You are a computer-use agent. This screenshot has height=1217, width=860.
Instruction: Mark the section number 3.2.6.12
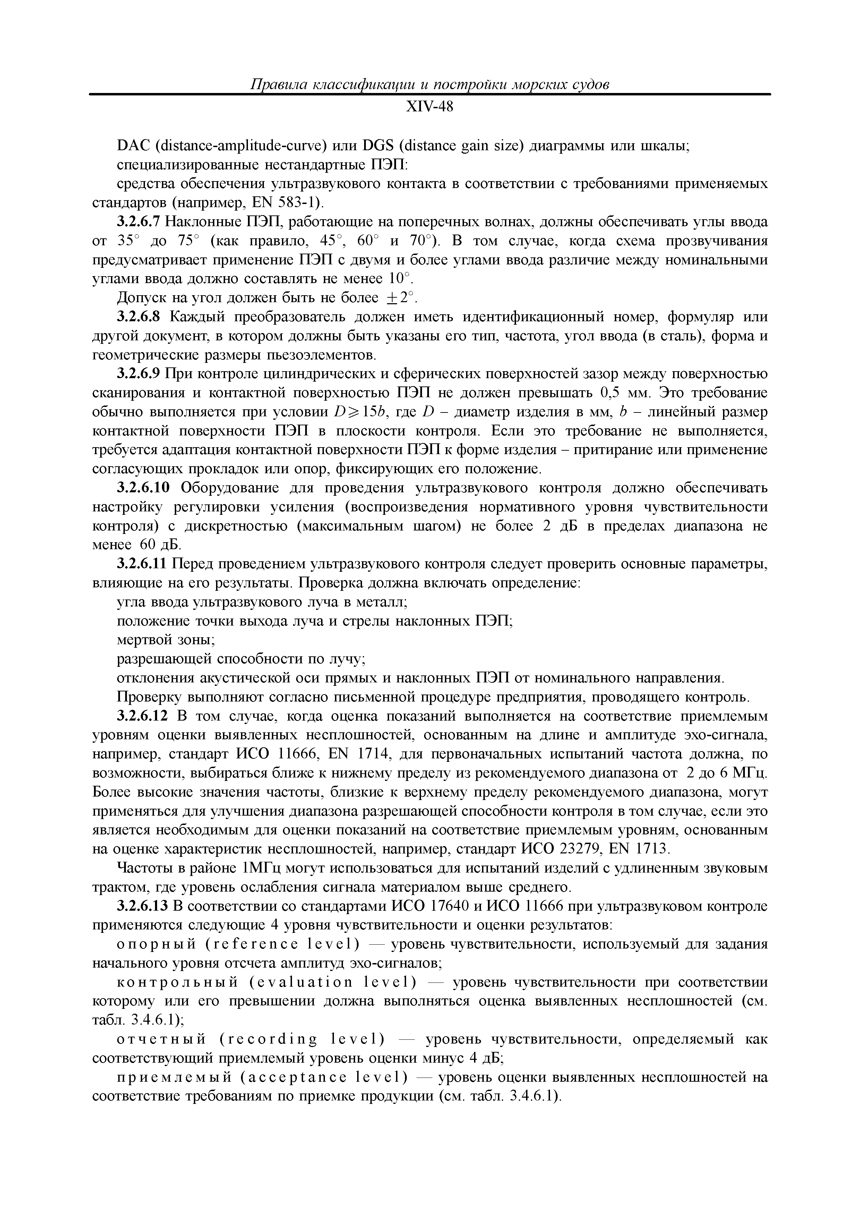[142, 717]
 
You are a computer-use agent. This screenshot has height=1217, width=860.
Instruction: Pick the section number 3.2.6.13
[142, 907]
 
